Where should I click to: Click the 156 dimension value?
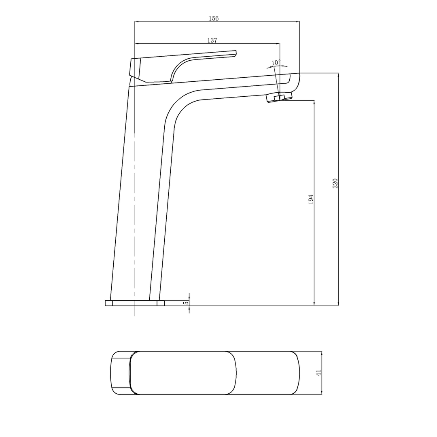pyautogui.click(x=213, y=18)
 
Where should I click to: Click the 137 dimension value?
pyautogui.click(x=212, y=40)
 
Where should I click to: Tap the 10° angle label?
pyautogui.click(x=276, y=62)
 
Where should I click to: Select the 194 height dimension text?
pyautogui.click(x=311, y=199)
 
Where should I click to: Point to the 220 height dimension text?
pyautogui.click(x=335, y=183)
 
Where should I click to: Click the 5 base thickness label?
pyautogui.click(x=186, y=303)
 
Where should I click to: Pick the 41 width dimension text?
pyautogui.click(x=318, y=373)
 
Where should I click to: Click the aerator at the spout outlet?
pyautogui.click(x=279, y=97)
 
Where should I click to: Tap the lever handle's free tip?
pyautogui.click(x=234, y=53)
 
